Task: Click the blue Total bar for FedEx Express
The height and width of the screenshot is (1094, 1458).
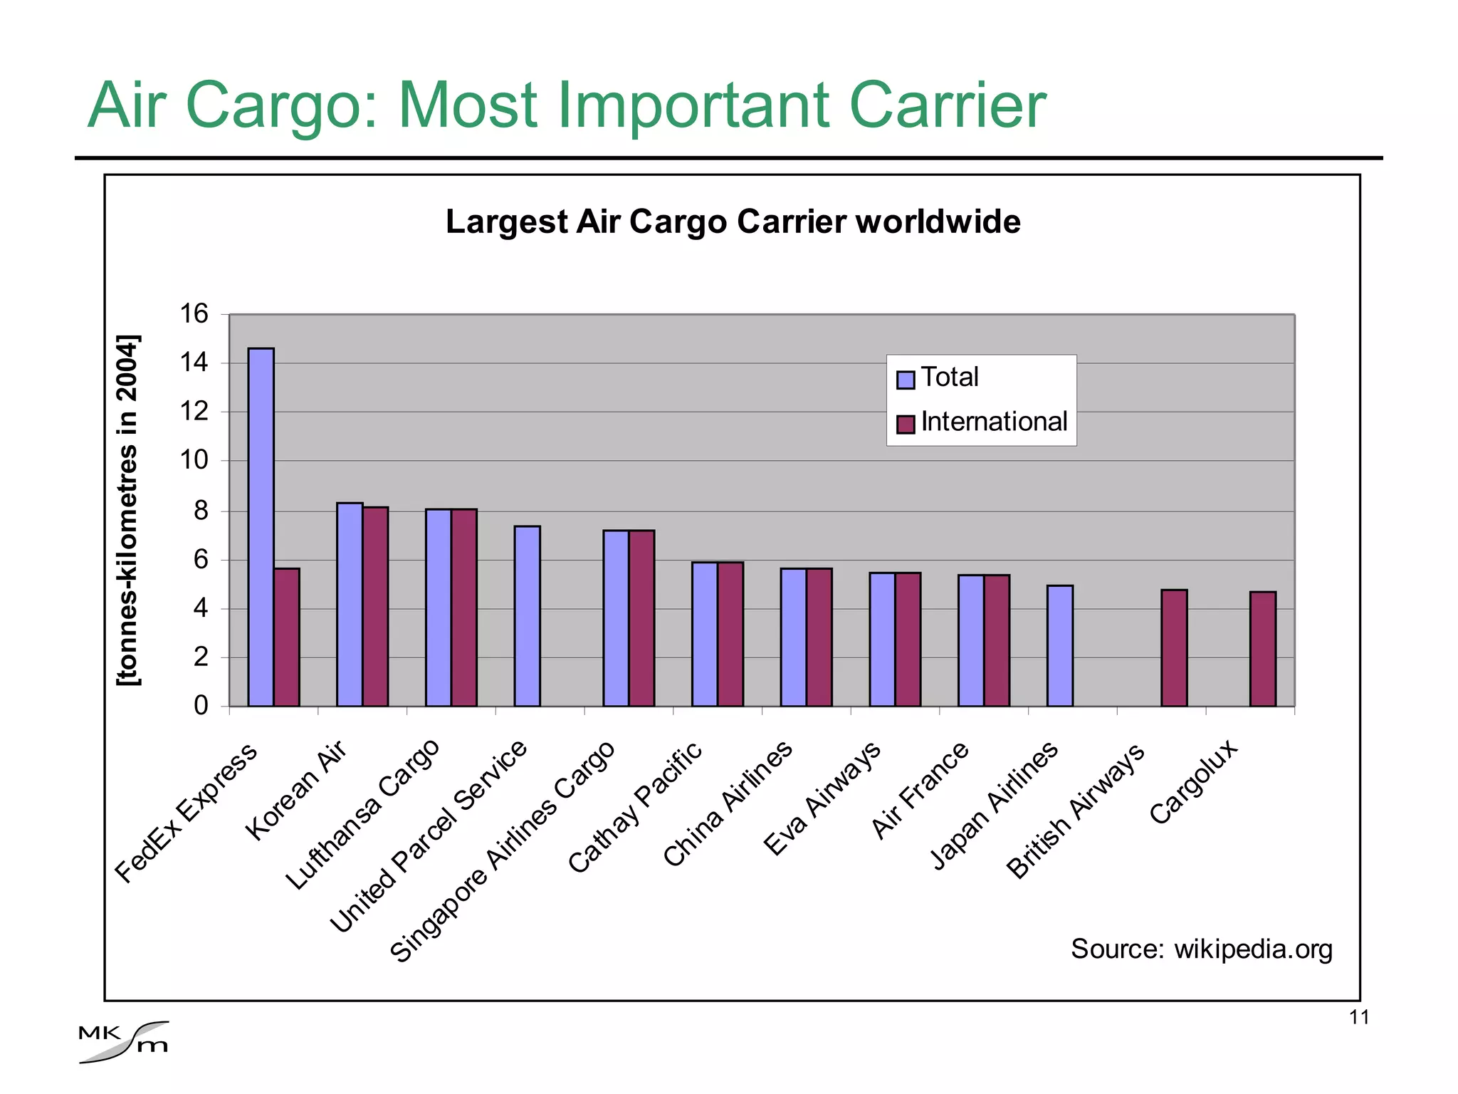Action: click(x=261, y=527)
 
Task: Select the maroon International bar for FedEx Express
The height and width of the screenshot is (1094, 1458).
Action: click(x=286, y=637)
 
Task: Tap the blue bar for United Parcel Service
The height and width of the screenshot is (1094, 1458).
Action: click(x=527, y=616)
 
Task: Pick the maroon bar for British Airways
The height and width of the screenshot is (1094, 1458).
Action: click(x=1174, y=647)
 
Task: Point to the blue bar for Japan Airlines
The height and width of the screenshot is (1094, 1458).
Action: click(x=1059, y=645)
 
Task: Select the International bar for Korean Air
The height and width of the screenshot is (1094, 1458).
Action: click(x=375, y=606)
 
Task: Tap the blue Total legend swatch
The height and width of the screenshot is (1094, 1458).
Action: click(x=905, y=380)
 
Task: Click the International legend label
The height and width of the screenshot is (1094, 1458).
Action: click(x=994, y=422)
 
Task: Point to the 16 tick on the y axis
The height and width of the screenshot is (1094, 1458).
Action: click(x=194, y=314)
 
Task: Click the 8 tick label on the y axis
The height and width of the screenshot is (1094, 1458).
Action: click(x=201, y=511)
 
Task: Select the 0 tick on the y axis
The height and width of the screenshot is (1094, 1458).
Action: click(x=201, y=706)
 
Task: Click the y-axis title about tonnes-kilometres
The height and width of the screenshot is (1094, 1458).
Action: click(x=128, y=510)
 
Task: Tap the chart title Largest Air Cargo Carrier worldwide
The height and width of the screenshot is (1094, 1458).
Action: click(x=733, y=222)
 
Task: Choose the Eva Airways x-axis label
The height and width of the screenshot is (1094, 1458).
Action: click(x=822, y=798)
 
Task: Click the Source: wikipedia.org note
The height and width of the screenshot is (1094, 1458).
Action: click(x=1201, y=949)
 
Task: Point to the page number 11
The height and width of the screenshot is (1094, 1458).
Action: click(x=1359, y=1017)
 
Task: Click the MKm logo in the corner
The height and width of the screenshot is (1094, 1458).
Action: click(x=124, y=1041)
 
